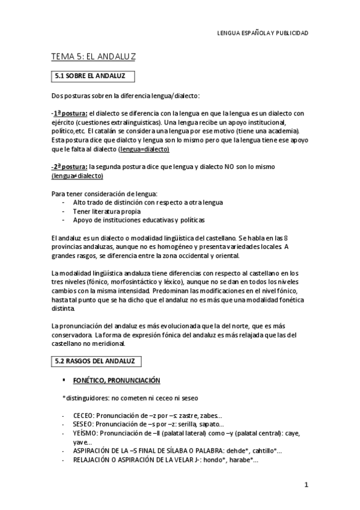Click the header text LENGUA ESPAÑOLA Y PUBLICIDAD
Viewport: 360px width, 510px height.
[x=262, y=34]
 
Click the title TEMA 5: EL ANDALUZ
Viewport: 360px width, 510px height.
[x=93, y=57]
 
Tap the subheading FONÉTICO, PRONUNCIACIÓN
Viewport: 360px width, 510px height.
[x=117, y=381]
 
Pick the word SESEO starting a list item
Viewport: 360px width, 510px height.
[x=82, y=424]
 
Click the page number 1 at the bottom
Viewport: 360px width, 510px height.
[x=306, y=485]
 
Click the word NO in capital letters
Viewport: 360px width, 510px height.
[x=230, y=167]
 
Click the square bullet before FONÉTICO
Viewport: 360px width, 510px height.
[x=63, y=381]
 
